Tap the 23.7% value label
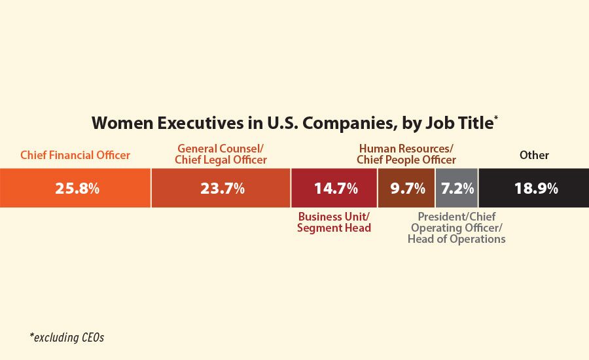[x=221, y=189]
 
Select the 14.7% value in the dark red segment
[x=335, y=189]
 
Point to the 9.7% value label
[x=407, y=189]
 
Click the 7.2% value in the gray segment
[x=457, y=189]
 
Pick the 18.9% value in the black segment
[x=535, y=189]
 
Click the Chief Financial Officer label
[x=75, y=156]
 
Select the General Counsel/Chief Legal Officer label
[x=221, y=154]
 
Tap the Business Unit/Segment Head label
[x=334, y=222]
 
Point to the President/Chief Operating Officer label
[x=456, y=228]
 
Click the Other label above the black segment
[x=534, y=156]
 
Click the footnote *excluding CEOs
[x=67, y=338]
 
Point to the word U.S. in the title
[x=263, y=123]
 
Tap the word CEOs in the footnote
[x=91, y=338]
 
